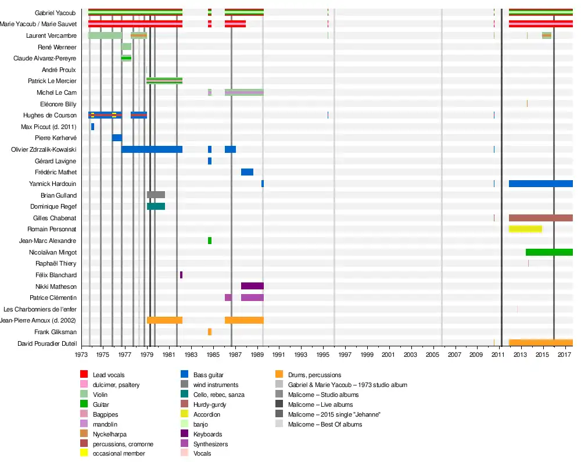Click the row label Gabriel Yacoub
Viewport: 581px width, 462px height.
[55, 13]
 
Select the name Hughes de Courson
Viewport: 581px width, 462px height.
[49, 115]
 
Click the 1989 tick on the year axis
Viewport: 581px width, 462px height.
[257, 354]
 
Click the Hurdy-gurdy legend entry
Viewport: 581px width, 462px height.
[210, 404]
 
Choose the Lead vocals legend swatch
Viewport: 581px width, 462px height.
[84, 375]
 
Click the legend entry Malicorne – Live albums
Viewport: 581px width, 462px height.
[320, 404]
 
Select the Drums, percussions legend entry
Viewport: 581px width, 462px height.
[314, 375]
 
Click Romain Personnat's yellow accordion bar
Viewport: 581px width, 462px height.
[525, 229]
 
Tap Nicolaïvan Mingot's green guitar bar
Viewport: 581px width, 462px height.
[549, 252]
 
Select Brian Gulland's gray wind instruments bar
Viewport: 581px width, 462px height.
[156, 195]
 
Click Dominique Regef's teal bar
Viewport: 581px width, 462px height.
[156, 206]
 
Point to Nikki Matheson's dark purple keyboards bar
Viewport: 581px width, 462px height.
[252, 286]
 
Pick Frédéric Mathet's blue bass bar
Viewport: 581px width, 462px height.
[247, 172]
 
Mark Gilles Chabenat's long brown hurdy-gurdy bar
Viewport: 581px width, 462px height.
[540, 218]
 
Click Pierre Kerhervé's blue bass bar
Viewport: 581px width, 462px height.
[117, 138]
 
